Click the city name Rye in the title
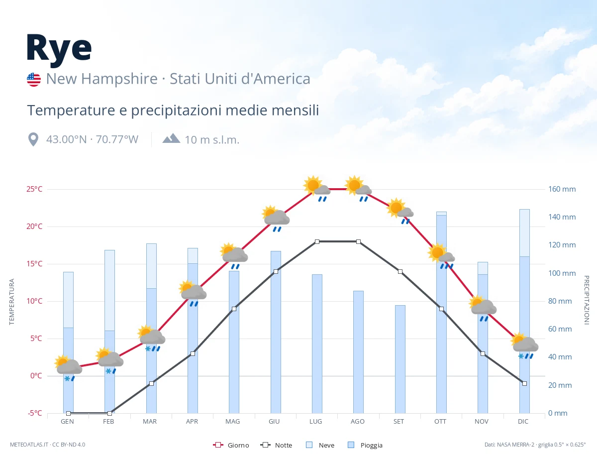coord(59,49)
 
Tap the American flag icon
coord(34,80)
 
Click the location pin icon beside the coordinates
coord(33,139)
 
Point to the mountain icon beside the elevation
coord(171,138)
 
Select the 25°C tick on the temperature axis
coord(34,189)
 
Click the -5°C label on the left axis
coord(35,413)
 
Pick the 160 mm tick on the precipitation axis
coord(562,189)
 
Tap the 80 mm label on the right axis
coord(560,301)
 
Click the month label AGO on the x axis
coord(357,422)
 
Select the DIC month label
coord(523,422)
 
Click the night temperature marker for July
coord(317,241)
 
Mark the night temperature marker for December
coord(524,383)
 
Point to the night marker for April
coord(193,353)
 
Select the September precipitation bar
coord(400,359)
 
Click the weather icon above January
coord(68,368)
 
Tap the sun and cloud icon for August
coord(358,188)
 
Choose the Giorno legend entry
coord(231,445)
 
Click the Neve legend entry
coord(320,445)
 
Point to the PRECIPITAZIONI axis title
coord(586,300)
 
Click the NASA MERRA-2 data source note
coord(535,445)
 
